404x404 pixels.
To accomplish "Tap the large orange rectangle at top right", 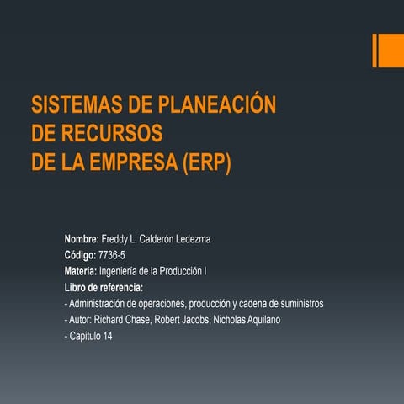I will point(390,50).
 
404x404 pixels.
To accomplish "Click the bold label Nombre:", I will point(82,240).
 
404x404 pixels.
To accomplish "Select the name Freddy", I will point(117,240).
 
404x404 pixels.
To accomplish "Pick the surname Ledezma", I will point(190,240).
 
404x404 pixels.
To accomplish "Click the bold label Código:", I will point(81,256).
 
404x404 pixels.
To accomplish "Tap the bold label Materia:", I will point(81,272).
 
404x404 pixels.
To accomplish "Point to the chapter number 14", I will point(107,336).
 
